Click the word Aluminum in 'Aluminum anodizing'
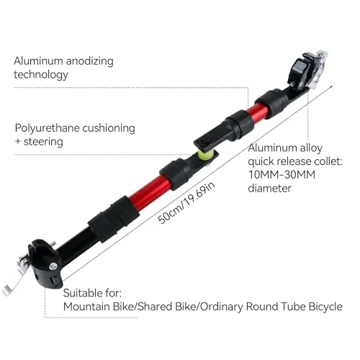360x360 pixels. (38, 61)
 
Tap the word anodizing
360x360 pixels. (90, 61)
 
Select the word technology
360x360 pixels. (41, 75)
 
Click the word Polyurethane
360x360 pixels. (47, 128)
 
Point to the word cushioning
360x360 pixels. (109, 128)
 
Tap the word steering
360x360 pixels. (43, 142)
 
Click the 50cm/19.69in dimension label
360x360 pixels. (186, 203)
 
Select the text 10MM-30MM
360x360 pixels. (282, 174)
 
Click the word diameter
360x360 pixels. (269, 188)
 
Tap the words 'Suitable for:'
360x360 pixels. (92, 293)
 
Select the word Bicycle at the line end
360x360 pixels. (325, 307)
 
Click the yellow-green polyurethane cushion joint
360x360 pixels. (204, 155)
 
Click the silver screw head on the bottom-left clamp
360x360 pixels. (53, 266)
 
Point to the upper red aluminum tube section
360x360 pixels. (258, 112)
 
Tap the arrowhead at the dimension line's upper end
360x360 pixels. (331, 86)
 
